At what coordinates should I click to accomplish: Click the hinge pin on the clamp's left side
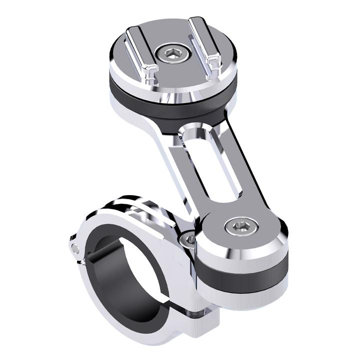74,248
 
